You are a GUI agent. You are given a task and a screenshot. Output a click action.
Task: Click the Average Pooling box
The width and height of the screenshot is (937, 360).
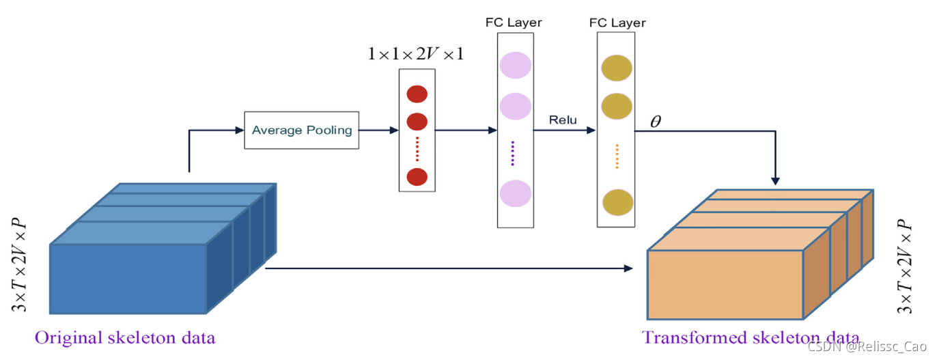[x=301, y=130]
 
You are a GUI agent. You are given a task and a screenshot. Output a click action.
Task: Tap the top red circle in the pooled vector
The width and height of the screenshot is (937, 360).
[x=417, y=94]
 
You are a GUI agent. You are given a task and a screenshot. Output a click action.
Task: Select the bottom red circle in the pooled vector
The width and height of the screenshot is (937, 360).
[x=417, y=176]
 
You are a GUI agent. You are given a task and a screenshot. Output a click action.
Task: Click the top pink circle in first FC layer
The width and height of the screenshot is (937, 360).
[x=515, y=65]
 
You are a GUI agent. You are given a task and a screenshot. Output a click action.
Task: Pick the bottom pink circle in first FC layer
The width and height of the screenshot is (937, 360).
[x=515, y=193]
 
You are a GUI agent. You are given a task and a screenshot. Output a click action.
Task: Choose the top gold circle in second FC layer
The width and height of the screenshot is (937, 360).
[x=616, y=70]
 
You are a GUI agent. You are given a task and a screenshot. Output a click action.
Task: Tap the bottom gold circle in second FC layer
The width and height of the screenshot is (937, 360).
[x=616, y=202]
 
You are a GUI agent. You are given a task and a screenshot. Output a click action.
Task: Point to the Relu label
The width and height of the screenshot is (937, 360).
[x=563, y=120]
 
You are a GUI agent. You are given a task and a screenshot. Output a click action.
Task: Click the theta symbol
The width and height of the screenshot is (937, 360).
[x=656, y=121]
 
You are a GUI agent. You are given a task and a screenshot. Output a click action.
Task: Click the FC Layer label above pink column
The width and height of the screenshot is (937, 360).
[x=514, y=23]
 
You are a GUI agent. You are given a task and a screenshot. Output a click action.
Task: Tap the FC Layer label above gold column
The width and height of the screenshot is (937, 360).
[x=617, y=23]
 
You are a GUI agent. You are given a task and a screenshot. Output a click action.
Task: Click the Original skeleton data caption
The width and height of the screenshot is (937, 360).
[x=125, y=337]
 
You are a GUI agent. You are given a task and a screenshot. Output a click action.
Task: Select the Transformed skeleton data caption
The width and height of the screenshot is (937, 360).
[x=750, y=337]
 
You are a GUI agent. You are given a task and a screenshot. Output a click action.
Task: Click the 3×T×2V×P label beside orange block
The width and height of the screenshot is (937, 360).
[x=904, y=267]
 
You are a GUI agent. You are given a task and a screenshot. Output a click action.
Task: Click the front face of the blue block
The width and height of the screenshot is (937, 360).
[x=128, y=278]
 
